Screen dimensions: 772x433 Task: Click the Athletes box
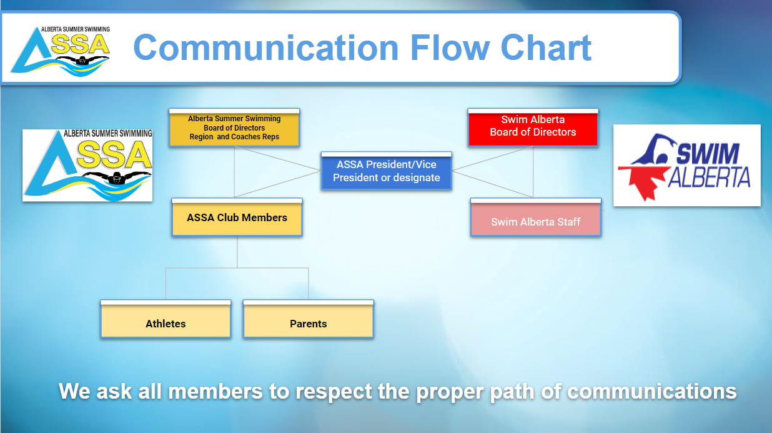tap(166, 319)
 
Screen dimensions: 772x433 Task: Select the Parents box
tap(309, 319)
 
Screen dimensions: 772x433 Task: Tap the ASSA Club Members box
tap(237, 217)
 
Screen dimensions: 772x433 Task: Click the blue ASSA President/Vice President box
tap(387, 171)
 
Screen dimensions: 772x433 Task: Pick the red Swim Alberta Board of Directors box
tap(533, 128)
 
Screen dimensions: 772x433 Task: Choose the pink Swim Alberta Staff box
tap(536, 217)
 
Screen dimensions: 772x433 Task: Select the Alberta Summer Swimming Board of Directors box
tap(234, 128)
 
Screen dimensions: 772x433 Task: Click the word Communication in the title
tap(266, 48)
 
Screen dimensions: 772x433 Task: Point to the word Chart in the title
tap(546, 48)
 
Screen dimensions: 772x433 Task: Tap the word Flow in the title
tap(450, 48)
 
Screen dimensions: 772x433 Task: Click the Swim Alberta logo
tap(687, 166)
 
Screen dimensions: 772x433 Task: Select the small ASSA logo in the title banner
tap(61, 51)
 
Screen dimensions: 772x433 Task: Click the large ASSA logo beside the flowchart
tap(87, 166)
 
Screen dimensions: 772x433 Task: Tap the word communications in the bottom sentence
tap(651, 392)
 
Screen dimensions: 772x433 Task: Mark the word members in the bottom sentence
tap(215, 392)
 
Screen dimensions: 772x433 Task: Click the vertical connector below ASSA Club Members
tap(237, 252)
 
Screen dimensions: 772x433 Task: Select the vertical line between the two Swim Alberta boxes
tap(533, 172)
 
